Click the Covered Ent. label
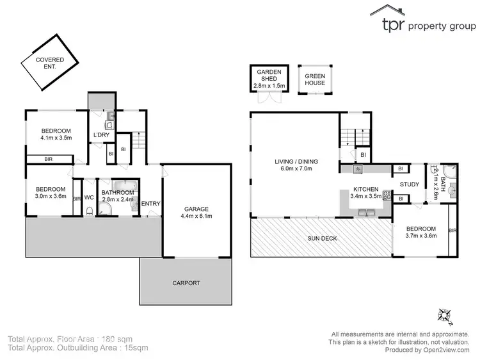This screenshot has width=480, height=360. click(40, 63)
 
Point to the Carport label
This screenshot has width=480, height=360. click(185, 282)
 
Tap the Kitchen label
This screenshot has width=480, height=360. click(365, 190)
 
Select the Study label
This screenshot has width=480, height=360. click(410, 185)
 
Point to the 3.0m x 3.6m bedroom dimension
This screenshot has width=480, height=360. click(50, 197)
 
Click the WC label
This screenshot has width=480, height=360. click(90, 197)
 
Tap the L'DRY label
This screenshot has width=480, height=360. click(101, 135)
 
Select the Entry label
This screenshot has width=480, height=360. click(151, 204)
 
